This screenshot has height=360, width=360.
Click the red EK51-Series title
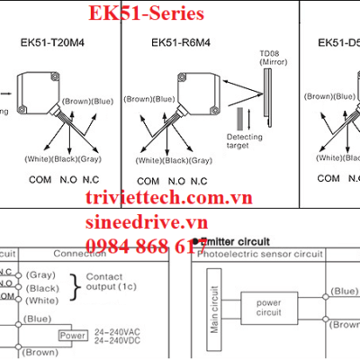[146, 13]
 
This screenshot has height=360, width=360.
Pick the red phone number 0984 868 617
[139, 246]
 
